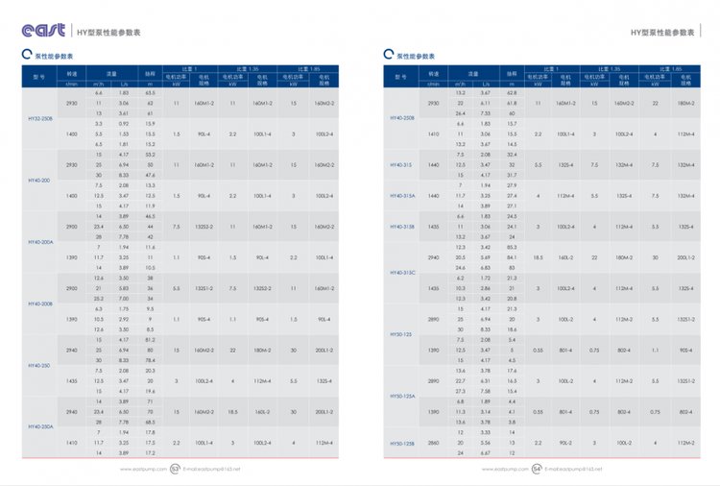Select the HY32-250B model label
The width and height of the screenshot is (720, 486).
coord(39,120)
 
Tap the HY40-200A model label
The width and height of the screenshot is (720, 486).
coord(39,242)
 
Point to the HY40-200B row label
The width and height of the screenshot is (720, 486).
coord(39,303)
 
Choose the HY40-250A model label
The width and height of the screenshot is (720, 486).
coord(39,425)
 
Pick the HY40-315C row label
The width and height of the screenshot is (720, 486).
coord(402,272)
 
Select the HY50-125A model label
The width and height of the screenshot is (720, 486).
coord(402,395)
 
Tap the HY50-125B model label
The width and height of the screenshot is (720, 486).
coord(402,443)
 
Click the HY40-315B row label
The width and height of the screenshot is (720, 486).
coord(402,227)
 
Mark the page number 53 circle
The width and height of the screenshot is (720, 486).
coord(175,470)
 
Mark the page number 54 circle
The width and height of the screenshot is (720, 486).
coord(537,470)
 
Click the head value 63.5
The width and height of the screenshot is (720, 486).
coord(150,93)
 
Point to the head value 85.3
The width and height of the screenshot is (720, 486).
coord(511,249)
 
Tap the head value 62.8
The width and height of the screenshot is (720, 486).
coord(511,93)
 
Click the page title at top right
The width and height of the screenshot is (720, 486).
coord(661,32)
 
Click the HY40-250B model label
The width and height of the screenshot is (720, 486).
coord(402,118)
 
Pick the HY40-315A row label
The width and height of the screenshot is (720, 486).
coord(402,196)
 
